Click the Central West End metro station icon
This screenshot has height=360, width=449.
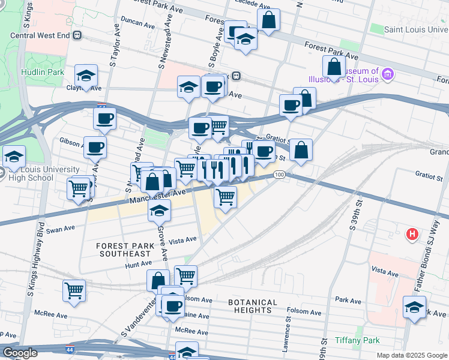[77, 35]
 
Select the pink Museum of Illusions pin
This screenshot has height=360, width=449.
[388, 74]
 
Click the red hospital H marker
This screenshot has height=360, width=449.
[412, 233]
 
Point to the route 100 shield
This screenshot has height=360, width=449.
[279, 175]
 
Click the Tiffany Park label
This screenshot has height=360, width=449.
[357, 340]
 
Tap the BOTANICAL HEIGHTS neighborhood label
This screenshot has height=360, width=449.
[253, 306]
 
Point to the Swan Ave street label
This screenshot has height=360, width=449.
[60, 229]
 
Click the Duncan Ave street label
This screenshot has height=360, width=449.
[137, 23]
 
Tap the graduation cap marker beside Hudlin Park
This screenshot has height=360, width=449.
[86, 76]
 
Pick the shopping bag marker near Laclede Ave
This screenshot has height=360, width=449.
[268, 20]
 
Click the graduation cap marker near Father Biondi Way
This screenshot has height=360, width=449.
[414, 307]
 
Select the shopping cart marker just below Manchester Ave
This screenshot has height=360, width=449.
[225, 197]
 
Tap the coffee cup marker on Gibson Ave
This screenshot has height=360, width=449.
[95, 147]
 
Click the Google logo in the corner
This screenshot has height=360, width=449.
[20, 353]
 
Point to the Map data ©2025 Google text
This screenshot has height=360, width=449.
[412, 355]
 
